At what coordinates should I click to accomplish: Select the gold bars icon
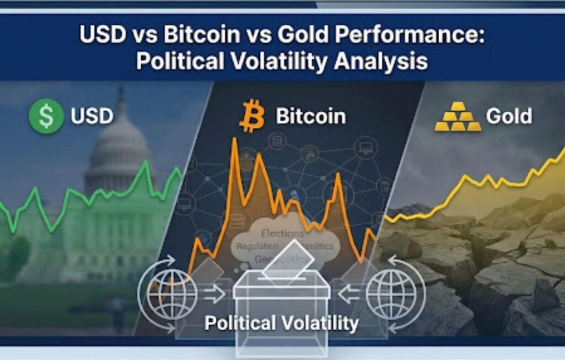click(457, 117)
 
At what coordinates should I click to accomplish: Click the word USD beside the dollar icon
click(92, 117)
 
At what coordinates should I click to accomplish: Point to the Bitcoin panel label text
click(311, 117)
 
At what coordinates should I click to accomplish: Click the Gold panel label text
click(509, 117)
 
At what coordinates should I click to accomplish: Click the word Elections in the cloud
click(282, 234)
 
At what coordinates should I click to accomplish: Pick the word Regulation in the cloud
click(257, 247)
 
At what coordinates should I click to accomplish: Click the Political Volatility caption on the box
click(281, 322)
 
